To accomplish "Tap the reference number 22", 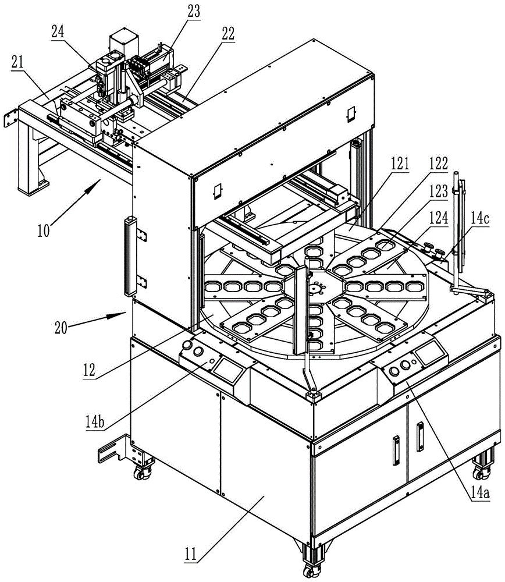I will (x=227, y=33).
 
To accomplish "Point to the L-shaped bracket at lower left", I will (x=116, y=452).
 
